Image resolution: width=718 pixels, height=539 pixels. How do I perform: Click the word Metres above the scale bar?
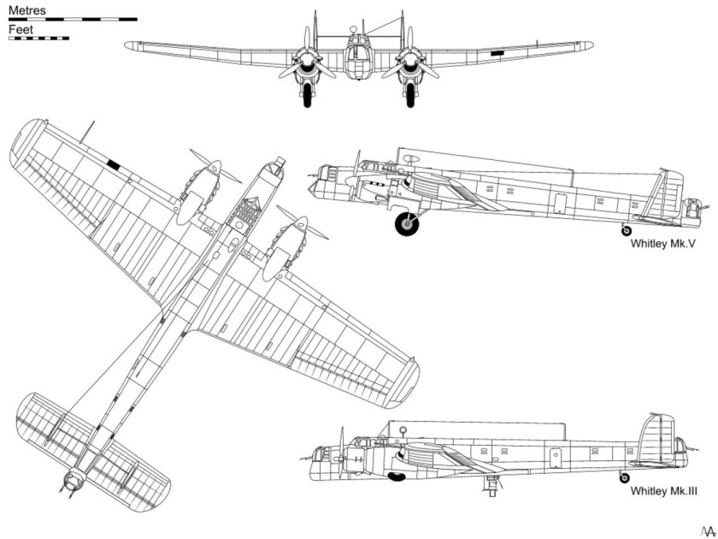(26, 9)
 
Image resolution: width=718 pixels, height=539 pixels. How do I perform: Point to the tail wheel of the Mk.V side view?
(627, 230)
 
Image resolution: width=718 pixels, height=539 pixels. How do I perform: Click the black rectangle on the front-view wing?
(497, 54)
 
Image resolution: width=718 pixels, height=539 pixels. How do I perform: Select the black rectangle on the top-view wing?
(113, 163)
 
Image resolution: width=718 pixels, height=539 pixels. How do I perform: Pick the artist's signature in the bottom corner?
(705, 529)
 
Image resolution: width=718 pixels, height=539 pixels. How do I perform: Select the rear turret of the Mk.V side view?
(692, 206)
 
